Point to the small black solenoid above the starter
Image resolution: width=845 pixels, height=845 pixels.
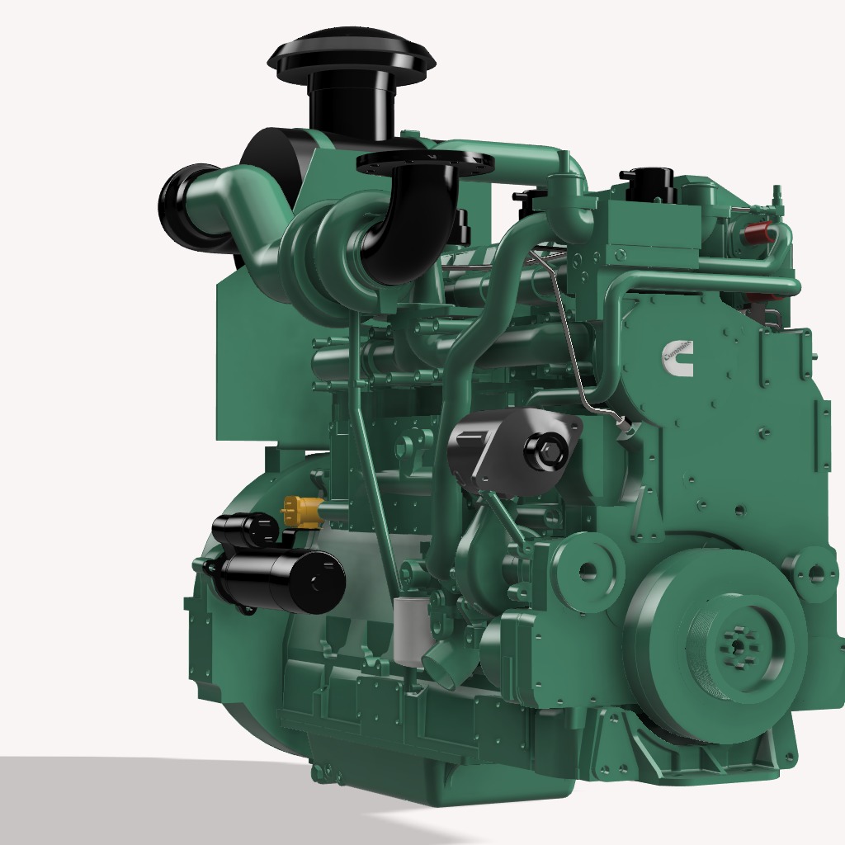[x=246, y=529]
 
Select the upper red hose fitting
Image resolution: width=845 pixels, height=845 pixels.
[x=758, y=234]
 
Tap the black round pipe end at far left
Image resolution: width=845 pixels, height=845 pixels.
[x=185, y=206]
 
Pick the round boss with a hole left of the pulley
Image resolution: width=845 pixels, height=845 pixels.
[x=588, y=569]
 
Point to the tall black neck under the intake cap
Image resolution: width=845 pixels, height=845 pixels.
[x=351, y=107]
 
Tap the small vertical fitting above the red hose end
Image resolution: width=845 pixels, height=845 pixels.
[x=777, y=198]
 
